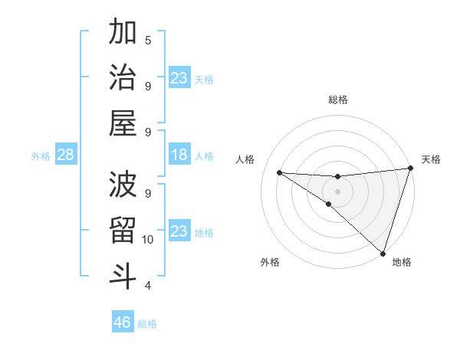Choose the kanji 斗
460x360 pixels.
[123, 276]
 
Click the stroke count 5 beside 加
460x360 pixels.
[148, 40]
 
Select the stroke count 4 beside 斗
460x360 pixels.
[148, 286]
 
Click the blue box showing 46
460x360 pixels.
[123, 322]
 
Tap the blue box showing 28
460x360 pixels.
[66, 155]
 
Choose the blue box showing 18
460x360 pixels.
[179, 155]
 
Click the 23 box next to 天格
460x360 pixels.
[179, 78]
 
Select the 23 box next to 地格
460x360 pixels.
[179, 231]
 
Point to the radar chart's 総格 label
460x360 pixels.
[338, 100]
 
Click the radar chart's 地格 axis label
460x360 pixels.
[402, 262]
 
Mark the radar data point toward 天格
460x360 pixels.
[410, 169]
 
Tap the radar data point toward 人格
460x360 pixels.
[279, 172]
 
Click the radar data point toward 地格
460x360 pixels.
[383, 253]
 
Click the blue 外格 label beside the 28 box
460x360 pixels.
[41, 156]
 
